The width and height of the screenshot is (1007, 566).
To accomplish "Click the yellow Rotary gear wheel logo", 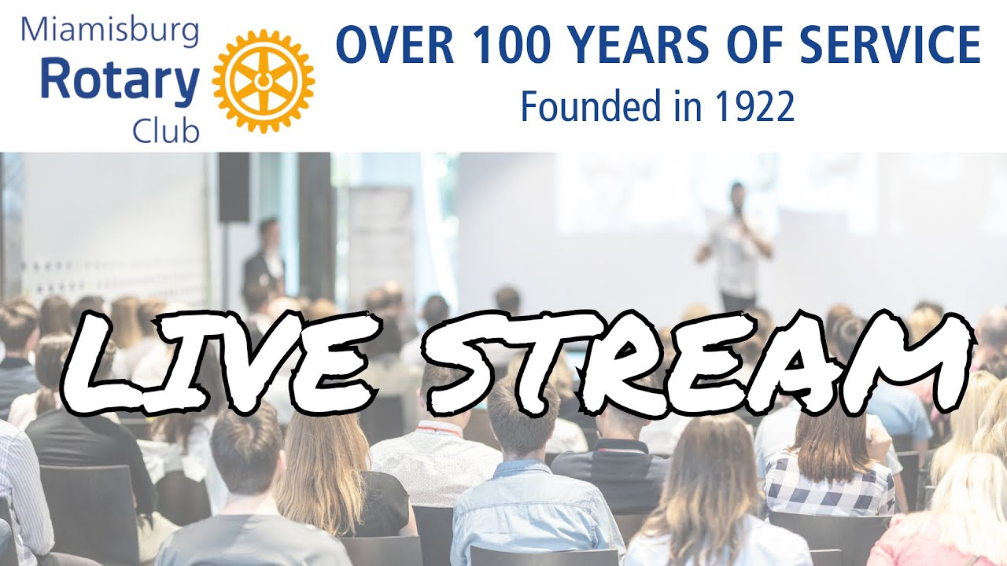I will pos(264,81).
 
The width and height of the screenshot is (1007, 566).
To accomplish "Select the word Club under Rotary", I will pos(166,130).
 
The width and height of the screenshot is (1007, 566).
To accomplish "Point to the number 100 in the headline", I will pos(511,46).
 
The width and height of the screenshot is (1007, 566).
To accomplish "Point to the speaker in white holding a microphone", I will pos(735,248).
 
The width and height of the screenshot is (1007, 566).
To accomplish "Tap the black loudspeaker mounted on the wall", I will pos(233,187).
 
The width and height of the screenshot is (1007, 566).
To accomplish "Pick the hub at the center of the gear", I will pos(264,81).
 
